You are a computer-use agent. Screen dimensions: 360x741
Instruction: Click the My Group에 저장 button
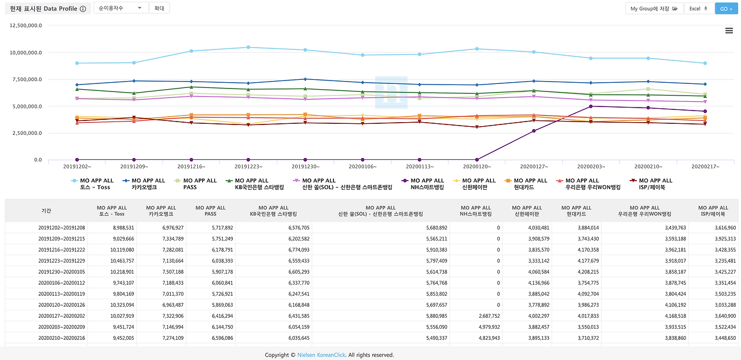pyautogui.click(x=654, y=9)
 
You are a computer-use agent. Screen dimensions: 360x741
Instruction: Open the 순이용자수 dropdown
pyautogui.click(x=120, y=9)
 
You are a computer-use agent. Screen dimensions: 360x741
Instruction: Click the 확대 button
pyautogui.click(x=159, y=9)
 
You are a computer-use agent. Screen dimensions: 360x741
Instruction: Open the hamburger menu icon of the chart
pyautogui.click(x=729, y=31)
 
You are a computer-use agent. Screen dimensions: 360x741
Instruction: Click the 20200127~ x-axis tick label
pyautogui.click(x=534, y=166)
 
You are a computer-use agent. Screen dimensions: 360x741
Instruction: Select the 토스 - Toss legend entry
pyautogui.click(x=96, y=184)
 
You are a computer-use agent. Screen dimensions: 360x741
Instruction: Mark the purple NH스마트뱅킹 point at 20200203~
pyautogui.click(x=590, y=106)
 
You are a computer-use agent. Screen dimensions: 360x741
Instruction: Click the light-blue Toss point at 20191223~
pyautogui.click(x=248, y=47)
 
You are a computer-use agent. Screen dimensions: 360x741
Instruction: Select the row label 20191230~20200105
pyautogui.click(x=61, y=272)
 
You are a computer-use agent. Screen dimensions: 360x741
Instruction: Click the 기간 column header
pyautogui.click(x=46, y=211)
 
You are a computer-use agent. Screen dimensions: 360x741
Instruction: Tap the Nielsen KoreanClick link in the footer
pyautogui.click(x=321, y=355)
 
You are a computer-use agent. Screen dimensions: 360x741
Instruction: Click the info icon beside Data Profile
pyautogui.click(x=83, y=9)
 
